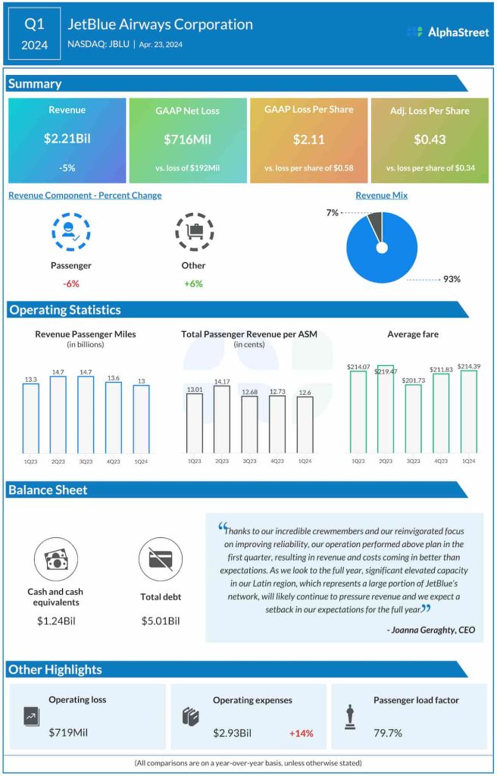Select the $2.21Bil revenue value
pos(67,139)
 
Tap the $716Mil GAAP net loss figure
pos(187,139)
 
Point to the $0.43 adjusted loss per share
pos(430,139)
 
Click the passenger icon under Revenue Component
pos(70,233)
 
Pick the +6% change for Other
pos(193,283)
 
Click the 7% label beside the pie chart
pos(332,214)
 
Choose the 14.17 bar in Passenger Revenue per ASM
pos(222,418)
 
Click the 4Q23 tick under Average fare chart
pos(441,461)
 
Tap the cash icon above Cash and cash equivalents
pos(56,559)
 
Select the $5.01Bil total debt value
pos(161,621)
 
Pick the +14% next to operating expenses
pos(301,733)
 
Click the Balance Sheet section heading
pos(48,490)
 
